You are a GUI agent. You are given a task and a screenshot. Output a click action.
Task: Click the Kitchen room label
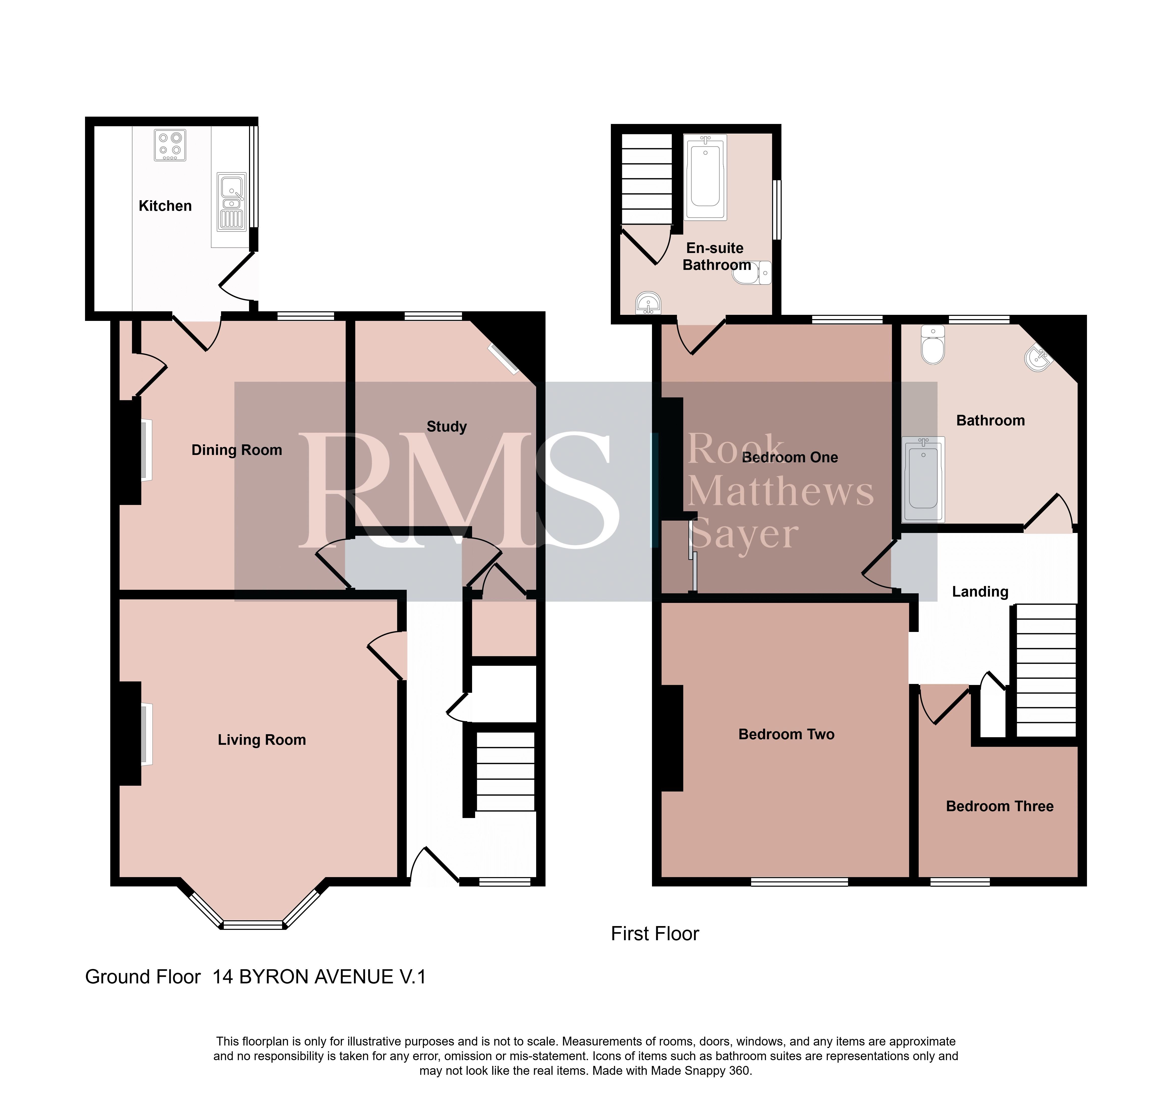click(x=165, y=206)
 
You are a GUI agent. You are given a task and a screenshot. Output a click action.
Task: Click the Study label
click(x=446, y=426)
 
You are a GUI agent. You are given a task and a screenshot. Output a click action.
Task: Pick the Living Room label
click(x=262, y=739)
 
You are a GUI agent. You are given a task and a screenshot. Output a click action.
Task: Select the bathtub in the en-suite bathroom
click(x=705, y=177)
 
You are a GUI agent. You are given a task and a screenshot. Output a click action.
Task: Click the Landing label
click(x=980, y=592)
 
